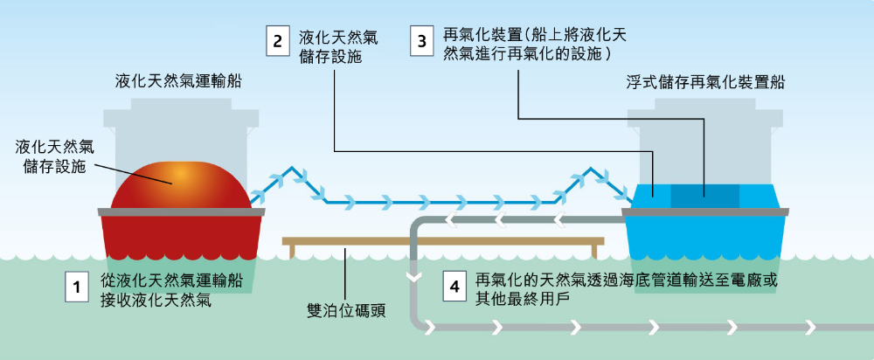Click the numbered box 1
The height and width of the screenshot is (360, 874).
click(x=78, y=287)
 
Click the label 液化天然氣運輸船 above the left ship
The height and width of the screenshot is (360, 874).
click(x=178, y=83)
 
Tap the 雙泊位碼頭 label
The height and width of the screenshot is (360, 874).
click(x=347, y=310)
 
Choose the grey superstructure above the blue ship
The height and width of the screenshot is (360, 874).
click(x=704, y=131)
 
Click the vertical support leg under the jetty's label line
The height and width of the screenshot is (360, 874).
click(x=347, y=252)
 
